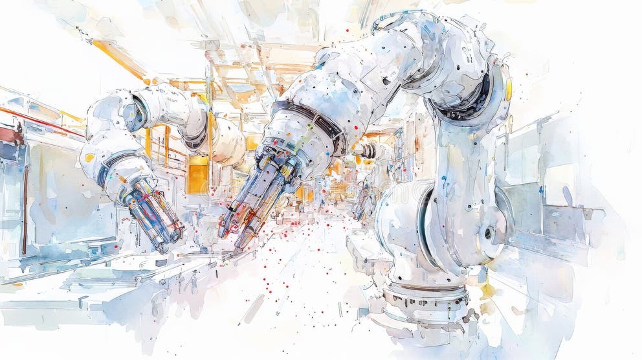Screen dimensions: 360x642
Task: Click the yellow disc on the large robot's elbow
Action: click(x=509, y=89)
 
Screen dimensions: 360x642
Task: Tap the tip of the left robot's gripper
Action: click(x=162, y=247)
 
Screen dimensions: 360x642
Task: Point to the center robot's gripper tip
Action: click(x=237, y=249)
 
